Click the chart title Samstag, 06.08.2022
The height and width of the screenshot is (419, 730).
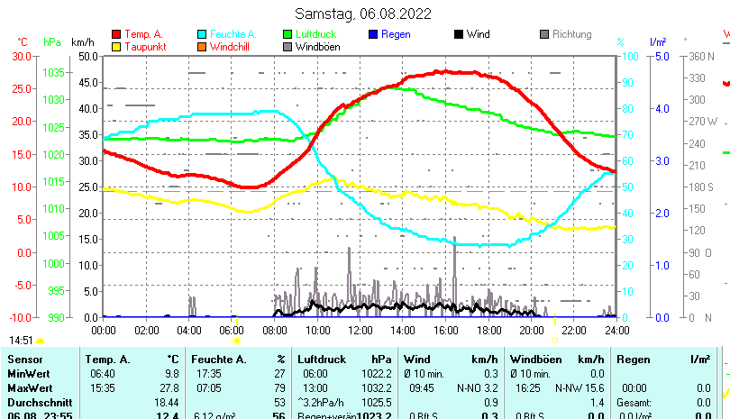(363, 14)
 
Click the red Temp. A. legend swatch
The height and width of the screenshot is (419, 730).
(115, 34)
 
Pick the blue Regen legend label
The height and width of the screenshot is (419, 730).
(396, 34)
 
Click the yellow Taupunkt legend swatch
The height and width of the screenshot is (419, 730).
(115, 46)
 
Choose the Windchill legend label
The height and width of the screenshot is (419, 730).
(231, 46)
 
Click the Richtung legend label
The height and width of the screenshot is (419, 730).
(571, 34)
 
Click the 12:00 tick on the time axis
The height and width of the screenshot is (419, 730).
(360, 331)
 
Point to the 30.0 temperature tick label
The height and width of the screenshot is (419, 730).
(22, 56)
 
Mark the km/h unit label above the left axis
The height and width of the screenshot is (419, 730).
(83, 41)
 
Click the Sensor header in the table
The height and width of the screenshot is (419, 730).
(24, 360)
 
